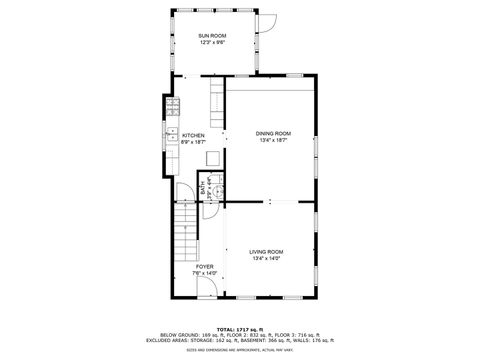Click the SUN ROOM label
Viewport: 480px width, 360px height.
point(211,35)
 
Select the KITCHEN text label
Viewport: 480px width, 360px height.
point(193,135)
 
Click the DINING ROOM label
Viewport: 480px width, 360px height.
point(272,133)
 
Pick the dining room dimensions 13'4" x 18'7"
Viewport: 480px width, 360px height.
point(272,141)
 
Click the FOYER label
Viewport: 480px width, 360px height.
point(204,267)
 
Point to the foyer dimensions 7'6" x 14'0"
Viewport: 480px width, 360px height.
point(204,274)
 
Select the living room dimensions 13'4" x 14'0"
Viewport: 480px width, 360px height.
point(267,259)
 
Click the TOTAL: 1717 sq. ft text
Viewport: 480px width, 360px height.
point(240,329)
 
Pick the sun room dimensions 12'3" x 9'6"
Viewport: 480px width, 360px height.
point(211,42)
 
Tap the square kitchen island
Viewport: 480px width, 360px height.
point(213,158)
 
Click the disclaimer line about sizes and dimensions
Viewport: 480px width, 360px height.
point(240,350)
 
